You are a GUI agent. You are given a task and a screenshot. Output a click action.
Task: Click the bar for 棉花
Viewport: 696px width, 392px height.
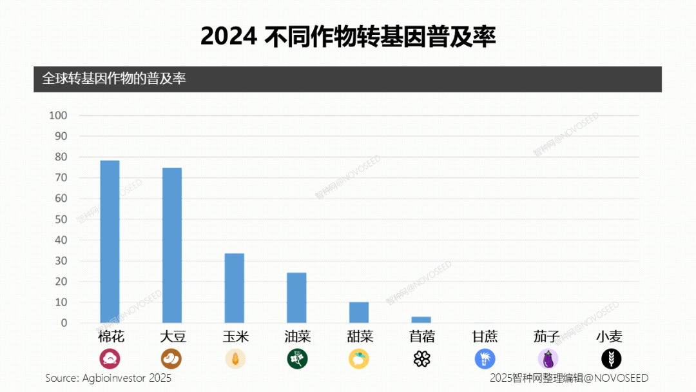(110, 241)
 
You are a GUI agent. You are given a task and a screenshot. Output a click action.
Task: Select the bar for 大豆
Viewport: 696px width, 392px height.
(172, 245)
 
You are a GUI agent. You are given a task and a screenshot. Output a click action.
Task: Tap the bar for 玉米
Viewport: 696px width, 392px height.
(234, 288)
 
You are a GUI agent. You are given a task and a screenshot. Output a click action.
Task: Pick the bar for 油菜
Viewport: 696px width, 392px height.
(296, 297)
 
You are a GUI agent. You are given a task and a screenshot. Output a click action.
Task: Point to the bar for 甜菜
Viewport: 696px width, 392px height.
(359, 312)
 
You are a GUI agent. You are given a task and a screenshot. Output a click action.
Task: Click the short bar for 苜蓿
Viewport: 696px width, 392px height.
(421, 320)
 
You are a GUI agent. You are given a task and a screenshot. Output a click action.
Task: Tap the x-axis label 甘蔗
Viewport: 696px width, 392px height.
(485, 337)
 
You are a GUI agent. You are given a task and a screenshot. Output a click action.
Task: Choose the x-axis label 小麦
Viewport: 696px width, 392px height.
(609, 337)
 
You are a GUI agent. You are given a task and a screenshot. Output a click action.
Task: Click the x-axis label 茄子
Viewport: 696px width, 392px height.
(546, 337)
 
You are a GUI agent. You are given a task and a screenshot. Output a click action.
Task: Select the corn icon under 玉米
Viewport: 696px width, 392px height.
(235, 358)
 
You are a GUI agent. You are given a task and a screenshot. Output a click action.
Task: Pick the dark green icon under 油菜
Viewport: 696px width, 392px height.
(297, 358)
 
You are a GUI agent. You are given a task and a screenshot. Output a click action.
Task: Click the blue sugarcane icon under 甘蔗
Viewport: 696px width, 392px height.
(485, 358)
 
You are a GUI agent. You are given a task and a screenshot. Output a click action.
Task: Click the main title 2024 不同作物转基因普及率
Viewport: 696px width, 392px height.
(348, 37)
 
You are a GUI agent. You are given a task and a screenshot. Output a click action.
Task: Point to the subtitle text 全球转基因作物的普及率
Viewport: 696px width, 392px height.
(114, 79)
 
